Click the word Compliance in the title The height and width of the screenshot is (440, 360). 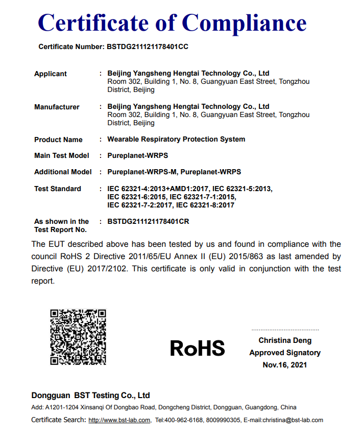point(244,22)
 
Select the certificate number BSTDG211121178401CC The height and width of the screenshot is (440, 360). point(148,47)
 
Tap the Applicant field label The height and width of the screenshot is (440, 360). point(51,74)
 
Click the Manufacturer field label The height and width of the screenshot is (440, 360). point(57,107)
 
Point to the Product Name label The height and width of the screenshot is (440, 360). point(58,140)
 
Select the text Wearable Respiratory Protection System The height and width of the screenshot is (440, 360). point(176,139)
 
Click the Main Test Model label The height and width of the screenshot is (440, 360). point(61,155)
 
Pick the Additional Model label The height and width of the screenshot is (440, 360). point(63,172)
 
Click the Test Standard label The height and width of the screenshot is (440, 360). point(58,189)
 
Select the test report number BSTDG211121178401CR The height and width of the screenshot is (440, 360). point(148,221)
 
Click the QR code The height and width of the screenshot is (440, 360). point(78,337)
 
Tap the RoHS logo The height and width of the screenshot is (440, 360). point(197,348)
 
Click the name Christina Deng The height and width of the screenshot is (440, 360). point(285,340)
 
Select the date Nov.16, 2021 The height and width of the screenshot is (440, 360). point(285,365)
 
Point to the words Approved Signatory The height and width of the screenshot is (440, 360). point(285,353)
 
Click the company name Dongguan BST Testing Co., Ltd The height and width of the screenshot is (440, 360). point(90,396)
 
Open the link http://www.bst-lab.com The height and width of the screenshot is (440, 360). point(119,420)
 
